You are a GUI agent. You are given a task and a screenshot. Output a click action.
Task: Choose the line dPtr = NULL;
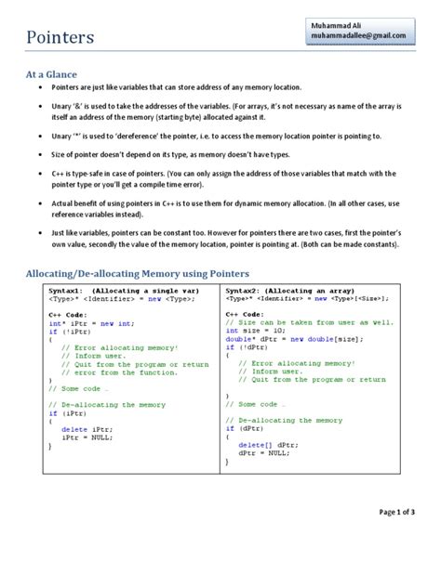[x=260, y=453]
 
